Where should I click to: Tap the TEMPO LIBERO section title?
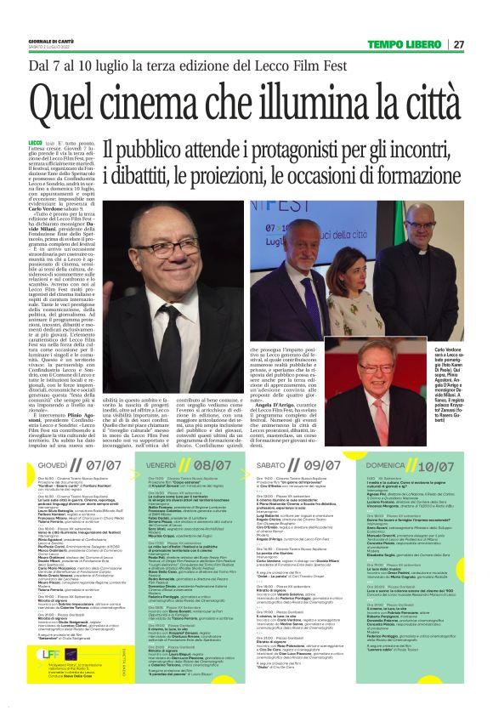point(410,44)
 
